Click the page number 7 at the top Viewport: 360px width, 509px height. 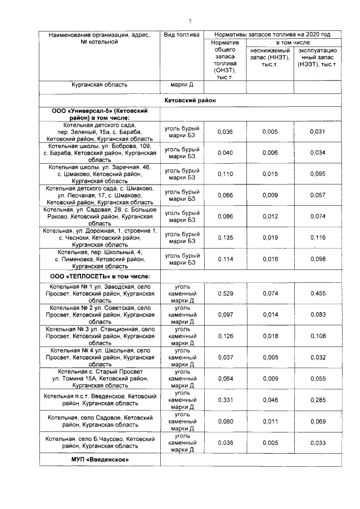pyautogui.click(x=190, y=22)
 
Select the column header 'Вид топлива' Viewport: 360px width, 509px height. pyautogui.click(x=181, y=35)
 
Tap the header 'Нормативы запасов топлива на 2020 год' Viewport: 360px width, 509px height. pyautogui.click(x=274, y=35)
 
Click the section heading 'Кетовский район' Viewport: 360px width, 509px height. pyautogui.click(x=190, y=100)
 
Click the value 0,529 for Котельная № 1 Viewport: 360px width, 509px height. pyautogui.click(x=225, y=294)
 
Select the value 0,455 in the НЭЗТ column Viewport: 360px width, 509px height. pyautogui.click(x=318, y=294)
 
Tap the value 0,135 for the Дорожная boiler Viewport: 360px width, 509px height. pyautogui.click(x=225, y=237)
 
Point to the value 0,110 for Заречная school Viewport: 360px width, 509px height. pyautogui.click(x=225, y=174)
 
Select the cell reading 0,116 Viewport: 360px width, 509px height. pyautogui.click(x=318, y=237)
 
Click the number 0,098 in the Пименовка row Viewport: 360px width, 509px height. pyautogui.click(x=318, y=259)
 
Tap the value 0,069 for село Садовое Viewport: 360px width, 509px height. pyautogui.click(x=318, y=421)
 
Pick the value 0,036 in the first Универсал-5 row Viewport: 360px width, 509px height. pyautogui.click(x=225, y=132)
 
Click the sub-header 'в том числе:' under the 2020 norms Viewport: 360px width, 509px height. pyautogui.click(x=294, y=43)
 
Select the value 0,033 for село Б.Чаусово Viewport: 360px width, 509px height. pyautogui.click(x=318, y=443)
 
